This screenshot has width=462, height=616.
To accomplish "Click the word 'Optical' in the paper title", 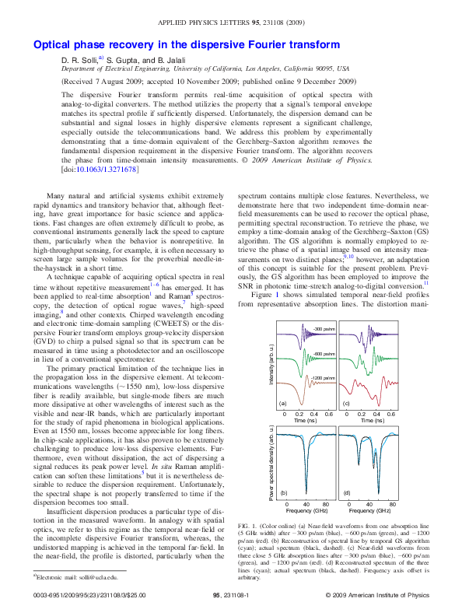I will [x=53, y=45].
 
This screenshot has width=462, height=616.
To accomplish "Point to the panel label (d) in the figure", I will [x=346, y=493].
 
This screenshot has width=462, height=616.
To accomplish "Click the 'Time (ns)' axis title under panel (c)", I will [x=366, y=421].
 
